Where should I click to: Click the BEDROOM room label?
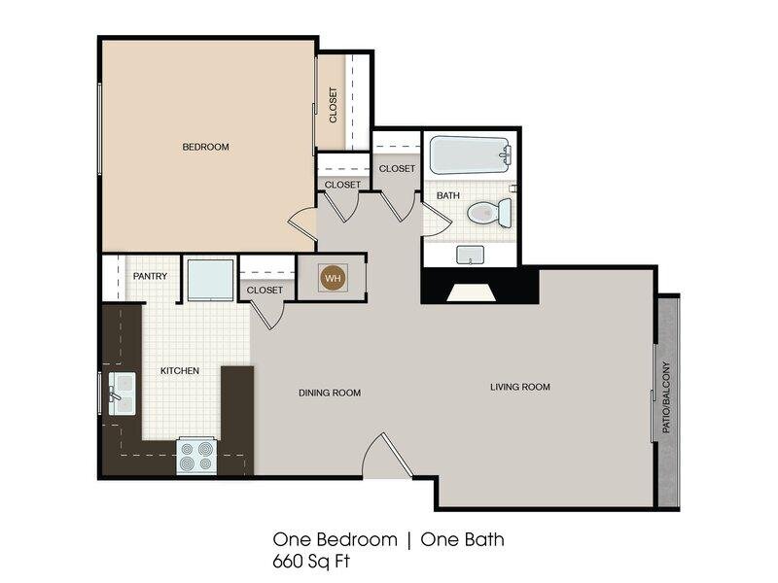coord(205,147)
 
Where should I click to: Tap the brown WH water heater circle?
coord(333,278)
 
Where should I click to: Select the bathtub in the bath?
coord(471,155)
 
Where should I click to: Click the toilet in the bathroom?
coord(490,213)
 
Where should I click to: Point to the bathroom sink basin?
coord(470,255)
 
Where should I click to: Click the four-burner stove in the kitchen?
coord(196,456)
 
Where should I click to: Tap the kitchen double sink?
coord(122,394)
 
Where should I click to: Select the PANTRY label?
coord(150,276)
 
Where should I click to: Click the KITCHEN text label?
coord(180,371)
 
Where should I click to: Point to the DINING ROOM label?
coord(330,393)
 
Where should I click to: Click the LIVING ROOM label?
coord(520,387)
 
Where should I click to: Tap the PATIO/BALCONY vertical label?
coord(666,397)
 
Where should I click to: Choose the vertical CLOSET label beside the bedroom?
coord(333,105)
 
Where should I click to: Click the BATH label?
coord(447,196)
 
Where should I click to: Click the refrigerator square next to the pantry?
coord(210,279)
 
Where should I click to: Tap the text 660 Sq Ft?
coord(311,562)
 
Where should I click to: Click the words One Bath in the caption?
coord(463,539)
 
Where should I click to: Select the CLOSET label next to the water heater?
coord(265,290)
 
